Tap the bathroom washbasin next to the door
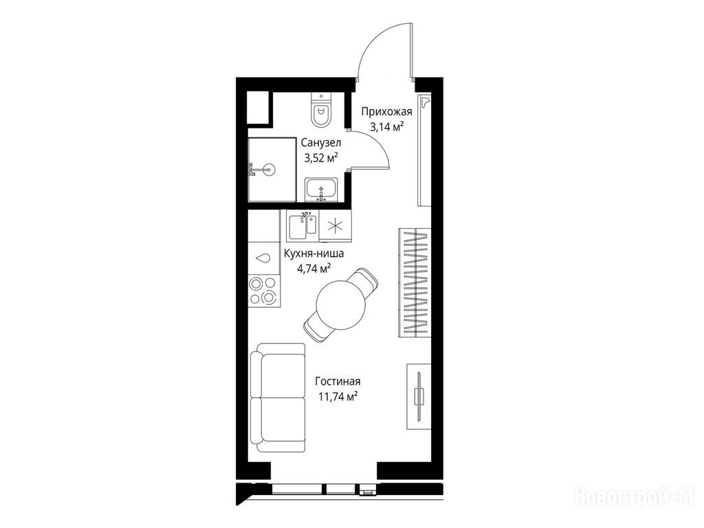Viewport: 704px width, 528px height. pos(321,190)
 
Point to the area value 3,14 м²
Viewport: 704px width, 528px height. pos(386,127)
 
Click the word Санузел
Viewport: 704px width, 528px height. pos(321,143)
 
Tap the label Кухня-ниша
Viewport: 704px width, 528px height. pos(313,254)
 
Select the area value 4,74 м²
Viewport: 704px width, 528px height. pos(313,269)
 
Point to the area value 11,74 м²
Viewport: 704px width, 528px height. pos(338,397)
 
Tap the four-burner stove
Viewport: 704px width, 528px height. pos(263,291)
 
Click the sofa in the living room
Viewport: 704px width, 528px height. pos(278,398)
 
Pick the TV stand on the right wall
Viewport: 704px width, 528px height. pos(419,396)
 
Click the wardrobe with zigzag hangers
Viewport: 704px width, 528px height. pos(415,283)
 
